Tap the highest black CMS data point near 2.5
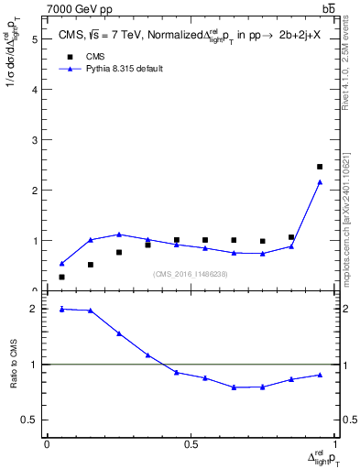coord(320,167)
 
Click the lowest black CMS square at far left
coord(61,277)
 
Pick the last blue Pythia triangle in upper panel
coord(320,182)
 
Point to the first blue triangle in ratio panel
coord(61,309)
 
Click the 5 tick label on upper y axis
coord(34,39)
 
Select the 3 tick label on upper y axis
coord(34,140)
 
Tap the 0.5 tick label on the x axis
coord(191,444)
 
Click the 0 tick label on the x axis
coord(47,444)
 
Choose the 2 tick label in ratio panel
coord(34,310)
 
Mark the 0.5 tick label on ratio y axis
coord(30,420)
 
